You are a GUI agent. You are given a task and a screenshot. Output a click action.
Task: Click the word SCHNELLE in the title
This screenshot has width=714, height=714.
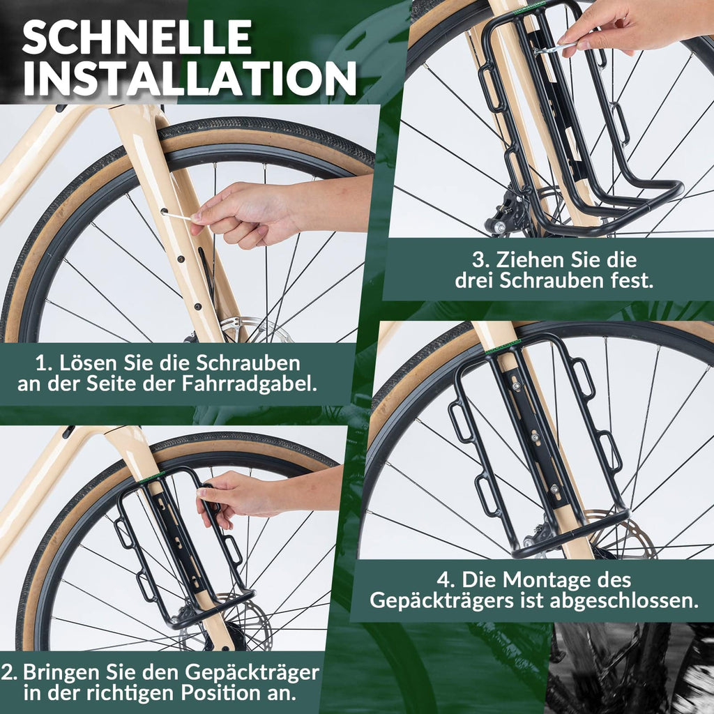coord(137,37)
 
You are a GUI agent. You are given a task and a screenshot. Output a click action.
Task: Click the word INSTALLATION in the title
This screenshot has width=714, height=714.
coord(190,78)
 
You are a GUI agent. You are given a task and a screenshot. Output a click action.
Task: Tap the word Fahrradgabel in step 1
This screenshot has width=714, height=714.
coord(249,383)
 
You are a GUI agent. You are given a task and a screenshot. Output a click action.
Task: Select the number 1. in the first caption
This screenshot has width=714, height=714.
coord(44,363)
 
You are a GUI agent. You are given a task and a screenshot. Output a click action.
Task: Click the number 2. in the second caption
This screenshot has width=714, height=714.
coord(8,672)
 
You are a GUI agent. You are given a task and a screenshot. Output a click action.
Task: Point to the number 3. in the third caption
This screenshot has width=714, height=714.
coord(481,260)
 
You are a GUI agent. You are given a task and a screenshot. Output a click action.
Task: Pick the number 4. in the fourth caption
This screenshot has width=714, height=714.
coord(446,580)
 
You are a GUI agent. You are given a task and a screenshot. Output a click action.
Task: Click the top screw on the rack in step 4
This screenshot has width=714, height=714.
coord(516,387)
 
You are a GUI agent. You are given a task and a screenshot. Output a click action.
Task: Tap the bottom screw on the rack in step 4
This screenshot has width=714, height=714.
coord(554,489)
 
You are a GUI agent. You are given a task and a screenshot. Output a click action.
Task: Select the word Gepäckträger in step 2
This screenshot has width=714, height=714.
coord(252,673)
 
